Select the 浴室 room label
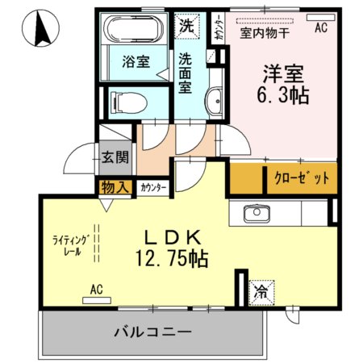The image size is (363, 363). pyautogui.click(x=135, y=62)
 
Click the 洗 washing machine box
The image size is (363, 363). pyautogui.click(x=186, y=24)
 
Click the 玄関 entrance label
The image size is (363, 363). pyautogui.click(x=115, y=156)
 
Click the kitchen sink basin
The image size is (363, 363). pyautogui.click(x=255, y=215)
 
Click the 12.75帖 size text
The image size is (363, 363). pyautogui.click(x=171, y=259)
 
